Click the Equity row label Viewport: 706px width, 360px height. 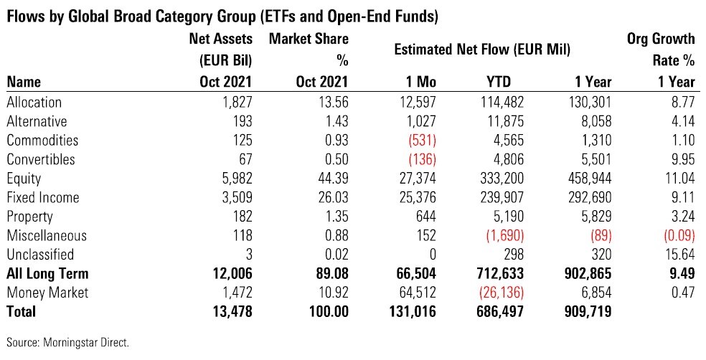coord(24,179)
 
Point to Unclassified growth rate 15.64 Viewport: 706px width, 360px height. coord(679,254)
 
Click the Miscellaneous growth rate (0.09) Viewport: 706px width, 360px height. coord(675,235)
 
